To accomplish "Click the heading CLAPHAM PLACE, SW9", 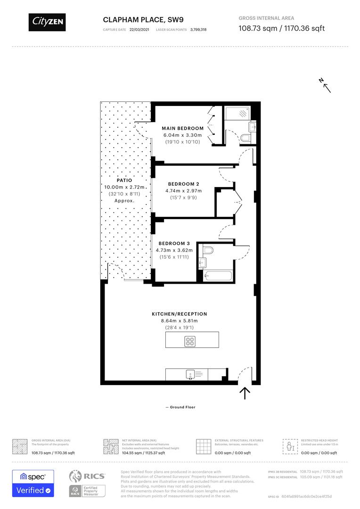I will coord(134,19).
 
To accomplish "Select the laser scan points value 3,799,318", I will coord(198,29).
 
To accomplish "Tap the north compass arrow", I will coord(325,85).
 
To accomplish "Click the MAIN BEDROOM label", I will coord(183,128).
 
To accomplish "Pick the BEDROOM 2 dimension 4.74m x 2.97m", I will coord(183,191).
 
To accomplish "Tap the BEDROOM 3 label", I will coord(174,243).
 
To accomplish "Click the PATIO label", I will coord(124,180).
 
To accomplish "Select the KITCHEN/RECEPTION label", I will coord(179,314).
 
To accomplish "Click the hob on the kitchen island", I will coord(190,341).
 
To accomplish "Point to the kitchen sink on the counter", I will coord(190,375).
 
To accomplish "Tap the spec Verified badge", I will coord(33,484).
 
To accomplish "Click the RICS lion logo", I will coord(76,476).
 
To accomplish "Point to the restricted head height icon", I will coord(288,445).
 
